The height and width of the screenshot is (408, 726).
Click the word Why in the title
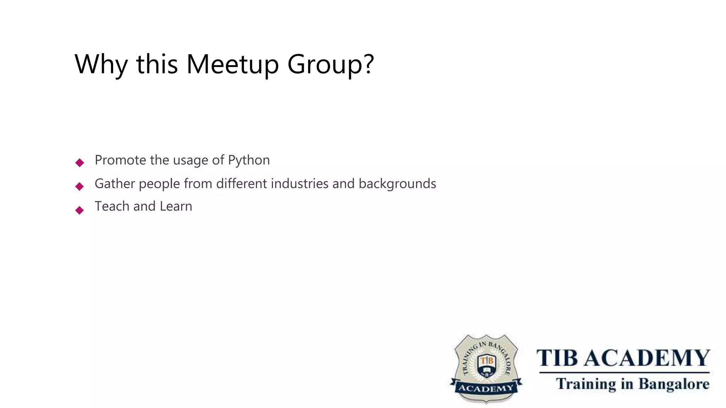click(101, 64)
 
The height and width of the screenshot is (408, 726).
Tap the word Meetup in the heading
click(233, 64)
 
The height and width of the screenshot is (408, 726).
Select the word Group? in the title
click(330, 64)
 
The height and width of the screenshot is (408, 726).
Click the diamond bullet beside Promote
click(80, 163)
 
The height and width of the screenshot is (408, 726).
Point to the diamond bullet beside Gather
click(80, 186)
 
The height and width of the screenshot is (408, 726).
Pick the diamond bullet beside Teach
click(80, 210)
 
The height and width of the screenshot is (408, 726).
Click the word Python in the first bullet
click(249, 160)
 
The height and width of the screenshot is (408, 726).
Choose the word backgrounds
click(397, 184)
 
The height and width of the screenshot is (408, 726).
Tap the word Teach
click(112, 206)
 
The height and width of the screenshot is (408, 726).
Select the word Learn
click(176, 206)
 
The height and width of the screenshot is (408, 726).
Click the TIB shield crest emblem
click(486, 365)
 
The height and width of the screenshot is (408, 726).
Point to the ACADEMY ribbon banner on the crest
click(486, 388)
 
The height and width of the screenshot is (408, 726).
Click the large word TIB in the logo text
click(557, 358)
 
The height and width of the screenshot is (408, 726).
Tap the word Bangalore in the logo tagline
click(674, 384)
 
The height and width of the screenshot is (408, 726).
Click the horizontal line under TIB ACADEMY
click(624, 373)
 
